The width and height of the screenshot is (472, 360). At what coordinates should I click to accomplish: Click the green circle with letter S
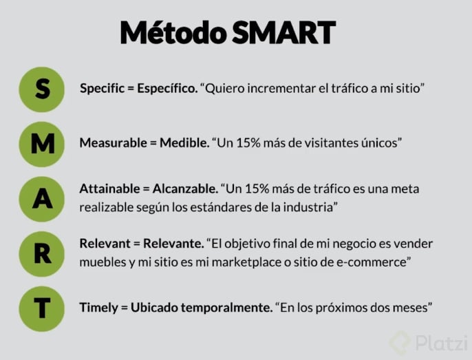click(43, 89)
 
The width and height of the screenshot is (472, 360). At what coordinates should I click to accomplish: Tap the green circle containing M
click(43, 144)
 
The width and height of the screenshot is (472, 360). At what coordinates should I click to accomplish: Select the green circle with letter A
click(43, 198)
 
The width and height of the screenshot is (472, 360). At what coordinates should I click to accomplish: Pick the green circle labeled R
click(43, 253)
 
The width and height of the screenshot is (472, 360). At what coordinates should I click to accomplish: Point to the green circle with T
click(43, 308)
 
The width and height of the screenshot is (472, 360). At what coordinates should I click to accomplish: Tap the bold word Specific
click(104, 89)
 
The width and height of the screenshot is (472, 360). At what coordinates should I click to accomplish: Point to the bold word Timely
click(99, 308)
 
